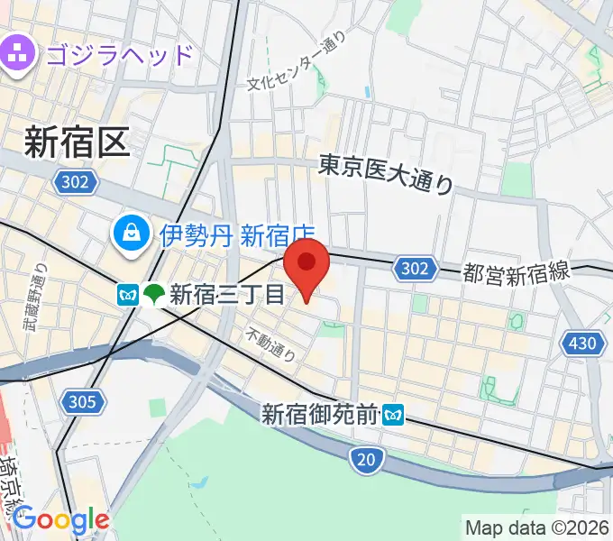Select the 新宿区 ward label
[x=77, y=142]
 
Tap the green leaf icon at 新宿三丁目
[x=154, y=293]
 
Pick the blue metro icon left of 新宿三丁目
[x=127, y=293]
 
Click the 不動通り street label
[x=271, y=344]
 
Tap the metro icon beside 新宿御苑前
[x=393, y=415]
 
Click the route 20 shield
[x=364, y=461]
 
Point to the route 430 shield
[x=581, y=342]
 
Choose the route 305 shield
[x=85, y=401]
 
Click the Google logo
[x=60, y=519]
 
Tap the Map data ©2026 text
[x=537, y=527]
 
